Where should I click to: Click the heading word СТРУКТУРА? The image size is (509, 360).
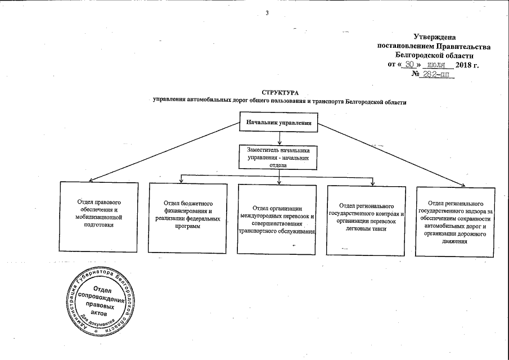[280, 92]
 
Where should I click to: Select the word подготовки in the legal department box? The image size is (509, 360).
[98, 224]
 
